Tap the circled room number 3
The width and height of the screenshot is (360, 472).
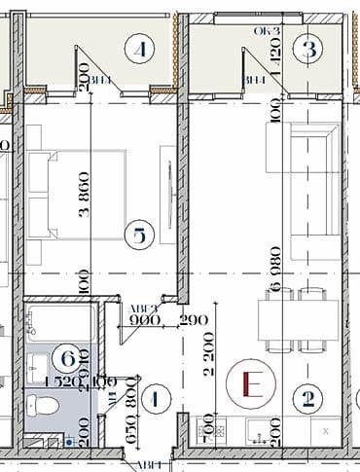310,46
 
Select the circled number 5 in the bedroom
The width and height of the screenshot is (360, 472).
140,235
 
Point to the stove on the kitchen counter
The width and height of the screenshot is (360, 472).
206,426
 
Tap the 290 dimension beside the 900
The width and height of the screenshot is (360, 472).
195,318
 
